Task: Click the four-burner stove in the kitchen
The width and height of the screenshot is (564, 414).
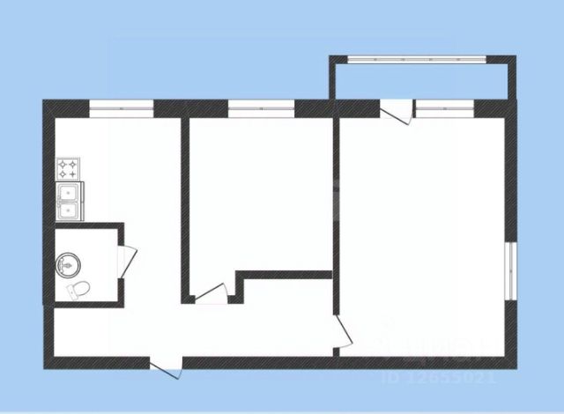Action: pyautogui.click(x=69, y=168)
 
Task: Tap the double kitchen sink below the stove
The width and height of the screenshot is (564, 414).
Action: pyautogui.click(x=68, y=202)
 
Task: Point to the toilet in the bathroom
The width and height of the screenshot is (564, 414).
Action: pyautogui.click(x=77, y=288)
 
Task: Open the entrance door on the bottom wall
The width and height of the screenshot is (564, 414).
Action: pyautogui.click(x=165, y=367)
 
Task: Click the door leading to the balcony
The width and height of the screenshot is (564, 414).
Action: pyautogui.click(x=396, y=112)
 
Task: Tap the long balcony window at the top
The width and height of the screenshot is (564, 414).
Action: pyautogui.click(x=419, y=60)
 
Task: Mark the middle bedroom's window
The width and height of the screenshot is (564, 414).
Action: pyautogui.click(x=261, y=108)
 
